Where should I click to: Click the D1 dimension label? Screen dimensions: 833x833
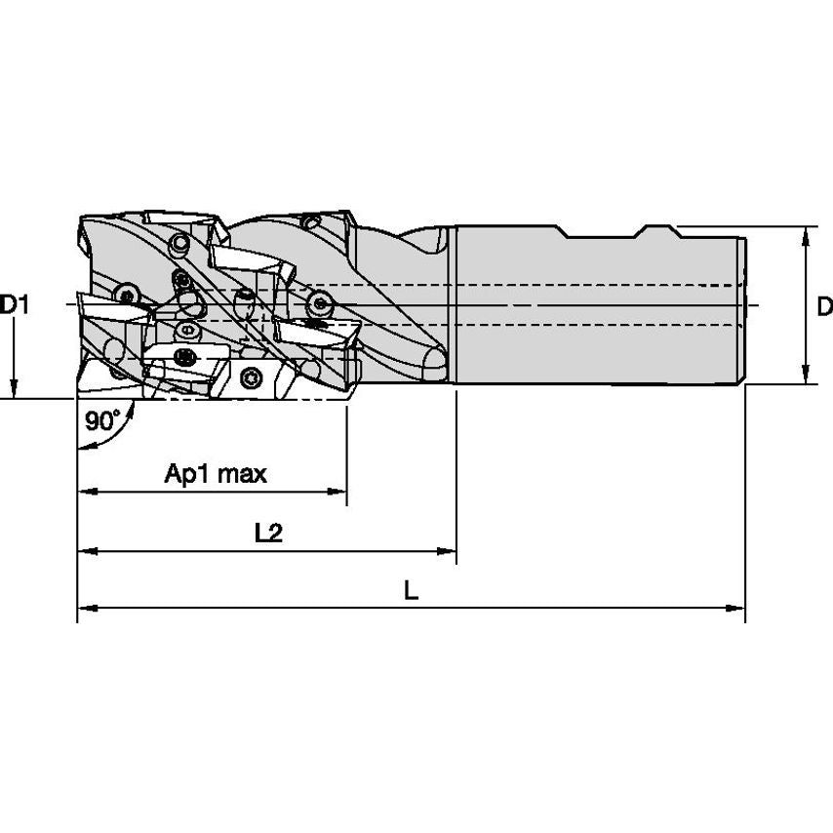[15, 305]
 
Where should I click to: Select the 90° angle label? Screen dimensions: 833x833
[102, 421]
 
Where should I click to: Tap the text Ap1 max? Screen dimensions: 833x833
[215, 475]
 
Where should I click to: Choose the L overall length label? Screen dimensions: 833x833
[411, 590]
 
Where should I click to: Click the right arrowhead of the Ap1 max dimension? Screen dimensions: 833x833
[338, 491]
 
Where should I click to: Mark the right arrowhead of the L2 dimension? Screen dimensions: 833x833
[448, 552]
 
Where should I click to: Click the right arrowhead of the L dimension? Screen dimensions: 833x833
[736, 609]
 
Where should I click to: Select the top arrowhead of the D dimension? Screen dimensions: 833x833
[806, 235]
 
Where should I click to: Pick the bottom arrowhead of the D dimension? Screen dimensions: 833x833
[806, 377]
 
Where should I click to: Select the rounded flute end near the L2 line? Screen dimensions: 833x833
[434, 366]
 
